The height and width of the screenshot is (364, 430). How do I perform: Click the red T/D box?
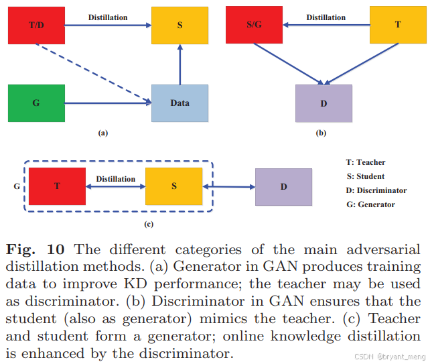pos(35,25)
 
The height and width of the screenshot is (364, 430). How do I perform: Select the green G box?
pos(36,103)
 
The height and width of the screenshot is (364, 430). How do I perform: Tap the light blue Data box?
pos(180,103)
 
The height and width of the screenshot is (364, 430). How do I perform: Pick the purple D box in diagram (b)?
pos(324,103)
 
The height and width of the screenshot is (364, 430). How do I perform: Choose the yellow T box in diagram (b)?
pos(398,25)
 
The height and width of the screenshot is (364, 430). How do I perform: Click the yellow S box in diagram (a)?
pos(180,25)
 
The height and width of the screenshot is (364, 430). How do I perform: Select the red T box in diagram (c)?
pos(57,186)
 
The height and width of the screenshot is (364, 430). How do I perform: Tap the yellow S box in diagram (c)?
pos(173,186)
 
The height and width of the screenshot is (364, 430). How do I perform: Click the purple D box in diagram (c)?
pos(283,186)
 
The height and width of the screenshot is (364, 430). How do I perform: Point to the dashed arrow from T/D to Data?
pos(94,74)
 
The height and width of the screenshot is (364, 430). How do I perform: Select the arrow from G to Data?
pos(107,103)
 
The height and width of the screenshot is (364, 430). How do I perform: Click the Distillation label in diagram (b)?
pos(326,17)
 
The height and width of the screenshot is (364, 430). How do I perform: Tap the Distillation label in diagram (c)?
pos(115,178)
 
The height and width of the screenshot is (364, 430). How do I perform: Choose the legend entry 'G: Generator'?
pos(370,204)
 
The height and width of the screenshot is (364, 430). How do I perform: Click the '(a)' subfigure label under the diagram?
pos(102,133)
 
